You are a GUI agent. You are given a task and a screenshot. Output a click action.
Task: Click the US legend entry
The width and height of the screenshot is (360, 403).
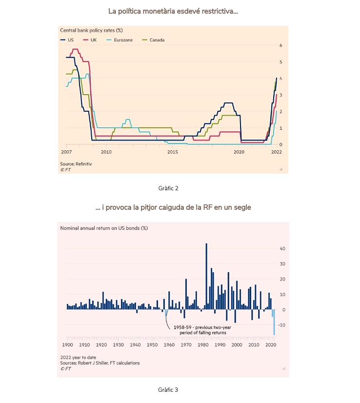(x=67, y=40)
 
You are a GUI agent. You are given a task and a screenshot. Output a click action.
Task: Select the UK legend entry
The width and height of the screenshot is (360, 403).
(x=90, y=40)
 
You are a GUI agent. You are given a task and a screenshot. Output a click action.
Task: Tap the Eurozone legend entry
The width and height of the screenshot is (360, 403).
(x=120, y=40)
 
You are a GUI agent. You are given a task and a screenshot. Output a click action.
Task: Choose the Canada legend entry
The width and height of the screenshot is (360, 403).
(x=153, y=40)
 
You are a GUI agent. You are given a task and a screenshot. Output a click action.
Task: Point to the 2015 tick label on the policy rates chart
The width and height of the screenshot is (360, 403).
(x=172, y=152)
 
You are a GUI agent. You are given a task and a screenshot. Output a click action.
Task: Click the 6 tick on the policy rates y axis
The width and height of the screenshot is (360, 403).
(x=280, y=45)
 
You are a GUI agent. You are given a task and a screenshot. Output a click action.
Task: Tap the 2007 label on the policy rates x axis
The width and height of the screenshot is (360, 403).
(x=66, y=152)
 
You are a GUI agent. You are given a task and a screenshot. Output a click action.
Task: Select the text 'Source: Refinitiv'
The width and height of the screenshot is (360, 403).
(x=76, y=164)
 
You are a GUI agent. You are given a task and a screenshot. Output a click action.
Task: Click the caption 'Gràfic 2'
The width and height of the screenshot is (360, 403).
(x=168, y=188)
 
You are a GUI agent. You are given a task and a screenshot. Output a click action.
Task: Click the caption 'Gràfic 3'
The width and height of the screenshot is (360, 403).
(x=168, y=390)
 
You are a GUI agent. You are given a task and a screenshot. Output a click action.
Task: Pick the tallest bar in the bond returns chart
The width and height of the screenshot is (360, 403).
(x=206, y=276)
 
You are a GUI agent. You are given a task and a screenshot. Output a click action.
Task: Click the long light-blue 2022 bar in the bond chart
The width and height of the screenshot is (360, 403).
(x=274, y=322)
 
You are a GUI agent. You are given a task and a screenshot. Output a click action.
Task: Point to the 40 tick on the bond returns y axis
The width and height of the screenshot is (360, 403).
(x=282, y=248)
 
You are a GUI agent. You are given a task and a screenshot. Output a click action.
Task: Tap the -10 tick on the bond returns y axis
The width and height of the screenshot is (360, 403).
(x=281, y=325)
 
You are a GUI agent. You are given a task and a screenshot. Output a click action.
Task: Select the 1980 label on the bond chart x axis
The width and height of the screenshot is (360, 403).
(x=203, y=345)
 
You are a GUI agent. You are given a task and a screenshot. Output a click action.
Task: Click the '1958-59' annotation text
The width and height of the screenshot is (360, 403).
(x=182, y=327)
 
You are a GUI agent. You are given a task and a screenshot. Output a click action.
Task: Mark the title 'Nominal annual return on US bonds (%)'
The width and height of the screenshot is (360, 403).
(x=104, y=228)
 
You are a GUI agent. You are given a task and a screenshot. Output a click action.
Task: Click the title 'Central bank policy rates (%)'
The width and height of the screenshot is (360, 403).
(x=91, y=30)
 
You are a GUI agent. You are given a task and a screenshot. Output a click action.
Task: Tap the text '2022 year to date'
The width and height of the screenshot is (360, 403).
(x=78, y=358)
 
